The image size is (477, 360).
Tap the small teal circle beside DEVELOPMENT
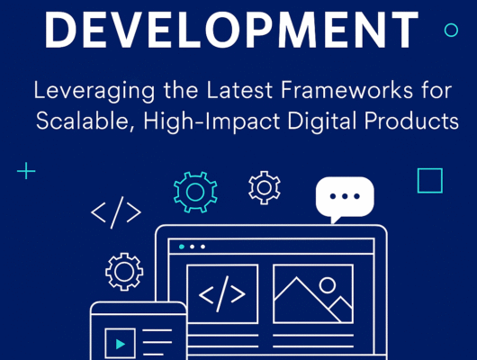451,30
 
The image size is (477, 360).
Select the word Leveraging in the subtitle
82,91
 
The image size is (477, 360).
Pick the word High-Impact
195,122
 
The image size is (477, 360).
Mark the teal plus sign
27,170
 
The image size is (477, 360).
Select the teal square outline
430,181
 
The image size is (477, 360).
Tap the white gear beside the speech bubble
264,186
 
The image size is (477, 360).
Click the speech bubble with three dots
344,198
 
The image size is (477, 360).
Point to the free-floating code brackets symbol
116,213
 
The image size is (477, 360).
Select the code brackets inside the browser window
221,294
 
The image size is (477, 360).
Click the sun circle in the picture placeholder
328,284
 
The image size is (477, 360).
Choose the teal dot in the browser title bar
182,246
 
